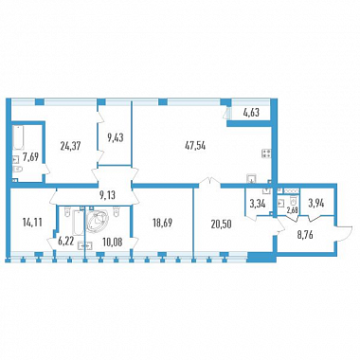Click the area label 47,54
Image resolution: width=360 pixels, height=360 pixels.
(195, 146)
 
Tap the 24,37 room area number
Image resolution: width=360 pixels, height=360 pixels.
(70, 146)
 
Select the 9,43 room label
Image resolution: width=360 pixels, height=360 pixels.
(115, 137)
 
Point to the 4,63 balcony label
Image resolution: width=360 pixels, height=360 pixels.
(251, 113)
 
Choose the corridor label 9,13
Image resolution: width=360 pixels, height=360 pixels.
(107, 195)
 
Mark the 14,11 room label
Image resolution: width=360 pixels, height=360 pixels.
(32, 223)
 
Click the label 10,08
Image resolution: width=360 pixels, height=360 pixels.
(113, 243)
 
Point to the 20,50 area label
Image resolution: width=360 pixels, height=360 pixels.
(222, 224)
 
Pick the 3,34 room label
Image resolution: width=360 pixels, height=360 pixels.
(258, 204)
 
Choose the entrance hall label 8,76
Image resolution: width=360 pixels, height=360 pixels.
(304, 235)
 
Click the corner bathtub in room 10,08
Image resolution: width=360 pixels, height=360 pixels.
(98, 221)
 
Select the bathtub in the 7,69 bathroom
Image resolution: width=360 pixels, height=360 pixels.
(18, 137)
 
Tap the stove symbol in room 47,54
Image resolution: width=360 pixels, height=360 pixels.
(266, 153)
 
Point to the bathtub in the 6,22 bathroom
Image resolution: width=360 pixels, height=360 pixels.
(78, 223)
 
